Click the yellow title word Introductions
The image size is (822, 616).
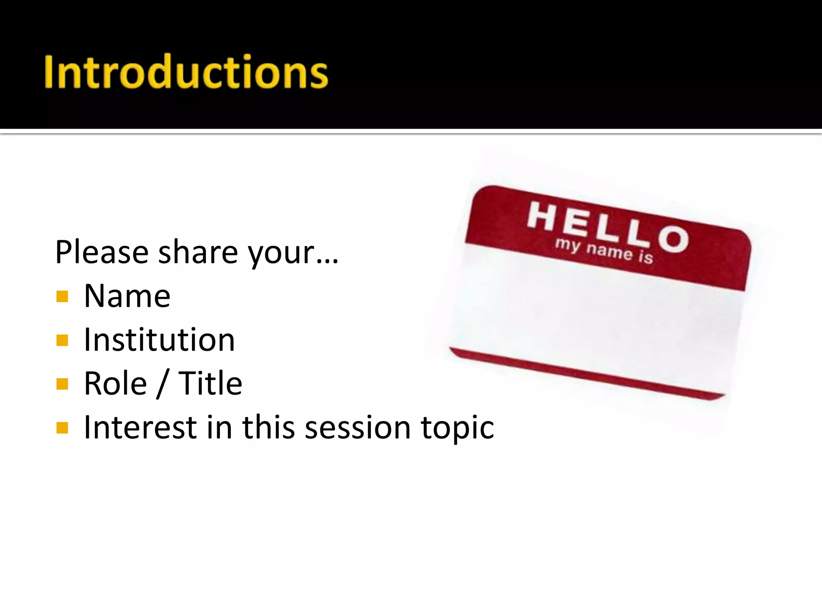pyautogui.click(x=186, y=72)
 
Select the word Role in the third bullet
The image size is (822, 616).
pyautogui.click(x=115, y=383)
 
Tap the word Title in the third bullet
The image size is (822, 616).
pyautogui.click(x=210, y=383)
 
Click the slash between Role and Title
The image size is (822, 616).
pyautogui.click(x=163, y=384)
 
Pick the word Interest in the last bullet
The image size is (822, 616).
pyautogui.click(x=140, y=428)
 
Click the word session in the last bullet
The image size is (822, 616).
pyautogui.click(x=357, y=428)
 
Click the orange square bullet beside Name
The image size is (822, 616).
pyautogui.click(x=62, y=297)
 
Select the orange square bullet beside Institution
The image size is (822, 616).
pyautogui.click(x=62, y=340)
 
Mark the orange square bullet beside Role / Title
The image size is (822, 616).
pyautogui.click(x=62, y=384)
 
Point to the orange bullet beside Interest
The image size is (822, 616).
pyautogui.click(x=62, y=428)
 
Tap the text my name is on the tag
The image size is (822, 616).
pyautogui.click(x=604, y=251)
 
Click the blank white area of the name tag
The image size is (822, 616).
pyautogui.click(x=594, y=317)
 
